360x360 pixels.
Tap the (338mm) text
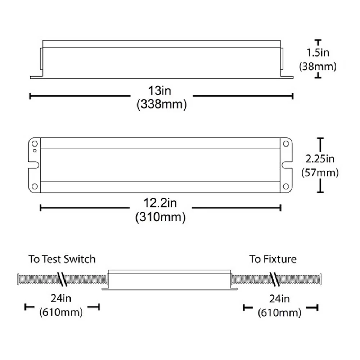pyautogui.click(x=162, y=104)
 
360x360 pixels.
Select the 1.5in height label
pyautogui.click(x=318, y=53)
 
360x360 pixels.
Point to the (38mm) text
pyautogui.click(x=318, y=66)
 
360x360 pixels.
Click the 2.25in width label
pyautogui.click(x=320, y=159)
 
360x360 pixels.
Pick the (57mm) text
pyautogui.click(x=320, y=173)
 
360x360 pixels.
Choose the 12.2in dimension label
pyautogui.click(x=160, y=203)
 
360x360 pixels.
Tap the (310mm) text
pyautogui.click(x=161, y=217)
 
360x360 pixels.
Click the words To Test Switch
pyautogui.click(x=62, y=259)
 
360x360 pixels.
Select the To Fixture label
pyautogui.click(x=273, y=259)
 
